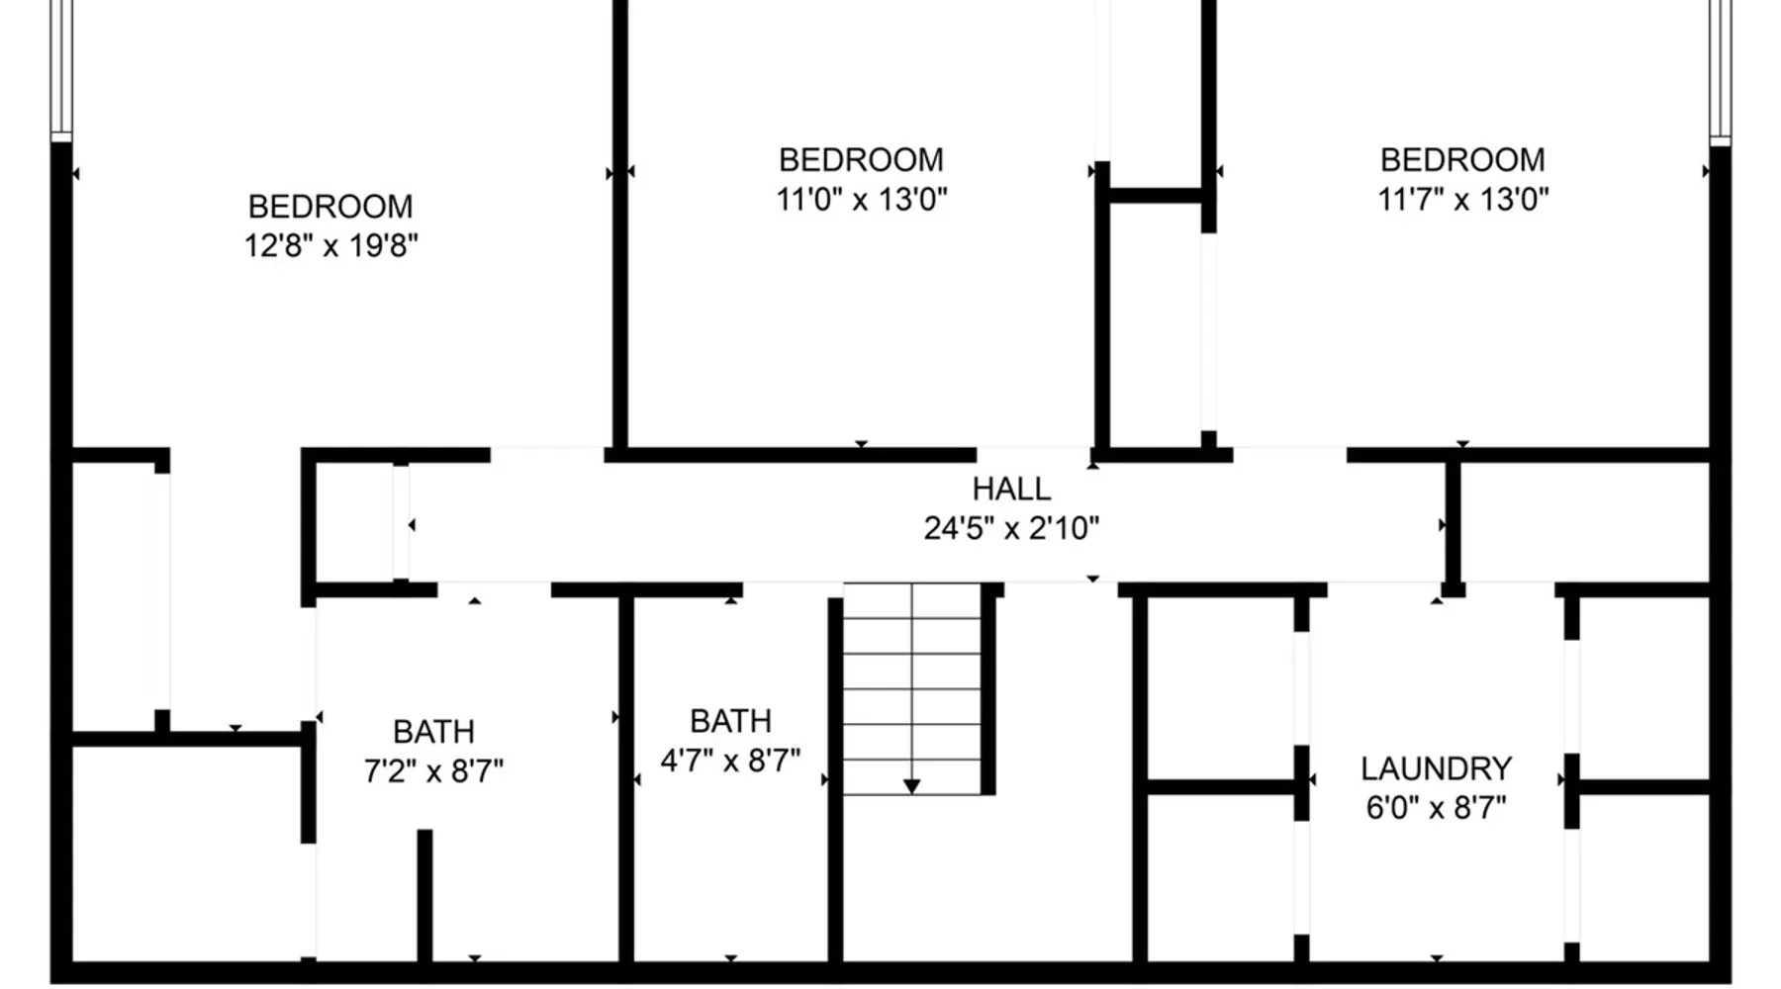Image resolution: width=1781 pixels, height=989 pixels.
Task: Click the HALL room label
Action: [x=1011, y=489]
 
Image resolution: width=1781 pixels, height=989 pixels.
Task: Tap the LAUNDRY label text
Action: [x=1436, y=768]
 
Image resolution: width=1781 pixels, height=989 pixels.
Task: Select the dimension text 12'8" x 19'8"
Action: [x=330, y=245]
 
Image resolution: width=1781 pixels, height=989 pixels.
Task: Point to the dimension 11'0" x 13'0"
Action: [x=861, y=199]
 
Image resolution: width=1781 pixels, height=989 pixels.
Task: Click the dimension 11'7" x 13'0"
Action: [x=1462, y=199]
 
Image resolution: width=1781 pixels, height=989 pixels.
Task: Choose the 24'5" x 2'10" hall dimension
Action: [x=1011, y=528]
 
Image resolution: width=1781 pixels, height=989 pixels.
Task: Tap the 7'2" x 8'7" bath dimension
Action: [x=433, y=770]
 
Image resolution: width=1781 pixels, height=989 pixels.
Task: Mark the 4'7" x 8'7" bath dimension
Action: [x=730, y=761]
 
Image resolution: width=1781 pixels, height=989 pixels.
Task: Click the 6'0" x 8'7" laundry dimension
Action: [x=1436, y=808]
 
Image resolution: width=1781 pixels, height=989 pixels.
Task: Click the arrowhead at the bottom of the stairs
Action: [x=911, y=787]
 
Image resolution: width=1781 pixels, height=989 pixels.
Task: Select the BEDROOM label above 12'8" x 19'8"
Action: [x=330, y=207]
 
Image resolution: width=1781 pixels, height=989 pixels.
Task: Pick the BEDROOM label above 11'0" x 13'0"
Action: [x=861, y=160]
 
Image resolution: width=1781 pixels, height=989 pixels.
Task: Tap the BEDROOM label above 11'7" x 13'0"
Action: [x=1462, y=160]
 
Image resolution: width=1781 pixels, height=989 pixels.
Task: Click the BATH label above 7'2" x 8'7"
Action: [x=433, y=732]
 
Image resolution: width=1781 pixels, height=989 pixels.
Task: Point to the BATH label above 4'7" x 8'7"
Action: [x=730, y=721]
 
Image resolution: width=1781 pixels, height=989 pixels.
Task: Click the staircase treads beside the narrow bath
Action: [x=911, y=688]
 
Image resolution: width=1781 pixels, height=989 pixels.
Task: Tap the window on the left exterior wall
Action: [x=61, y=69]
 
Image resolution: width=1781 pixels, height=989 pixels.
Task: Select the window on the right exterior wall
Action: [x=1720, y=69]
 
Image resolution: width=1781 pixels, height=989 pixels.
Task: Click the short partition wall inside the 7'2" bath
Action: [x=424, y=895]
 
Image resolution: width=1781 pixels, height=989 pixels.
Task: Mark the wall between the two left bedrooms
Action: [x=620, y=227]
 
